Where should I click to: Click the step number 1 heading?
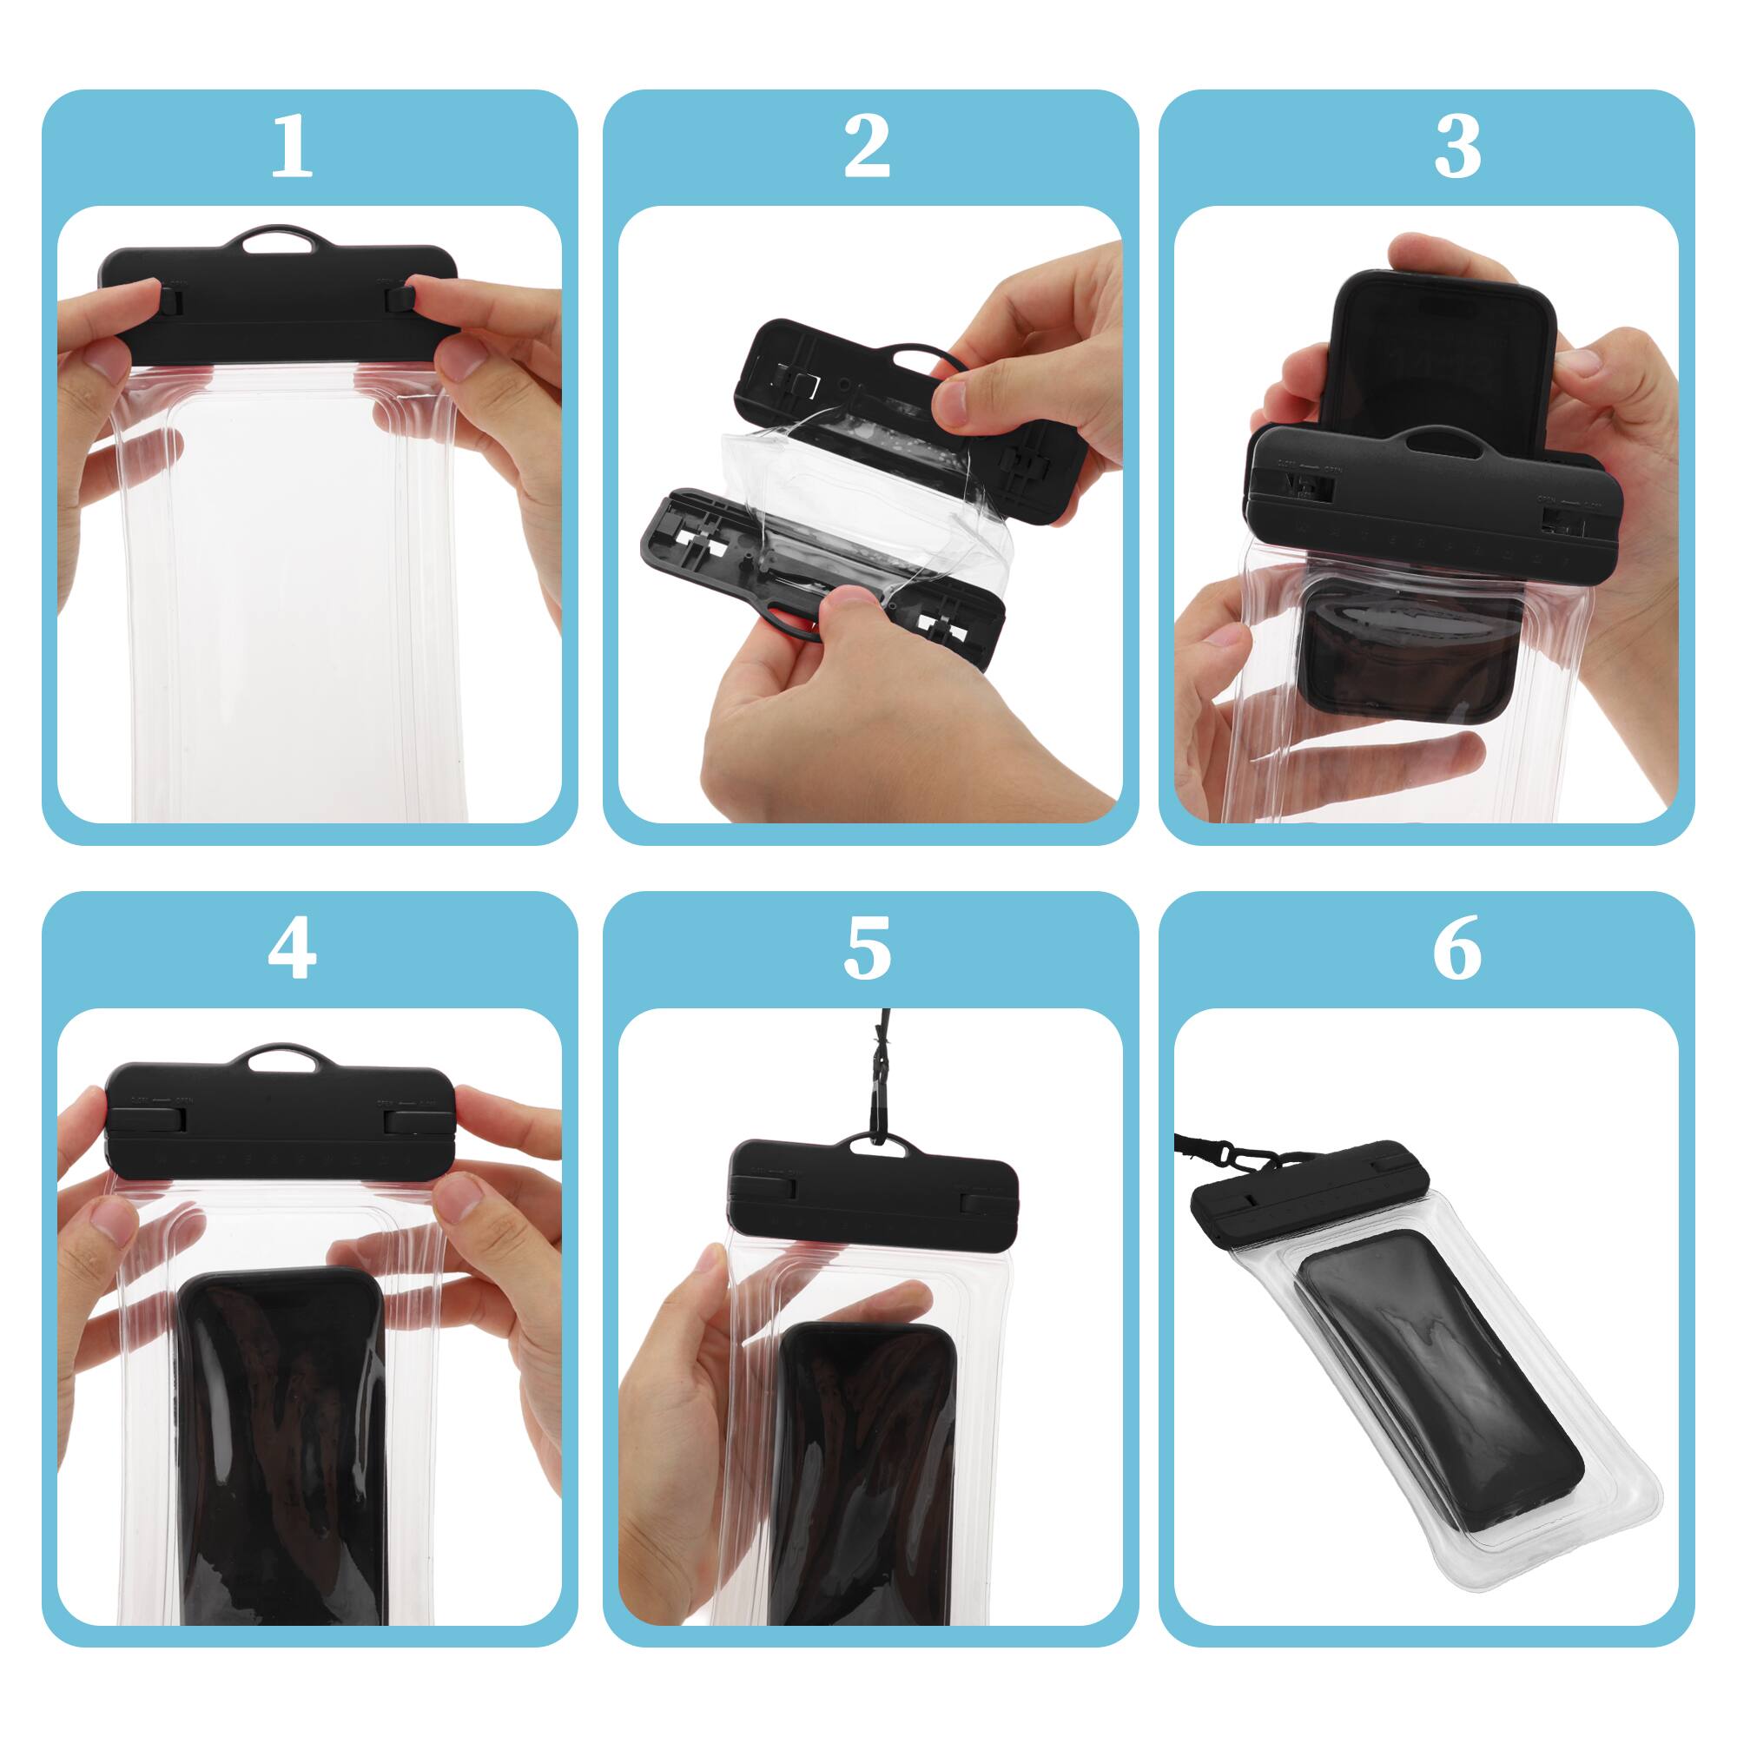coord(291,148)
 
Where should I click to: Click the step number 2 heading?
coord(868,148)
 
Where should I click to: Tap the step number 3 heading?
coord(1456,148)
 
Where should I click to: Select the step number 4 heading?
coord(291,949)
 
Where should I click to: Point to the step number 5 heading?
coord(868,949)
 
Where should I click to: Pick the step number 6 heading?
coord(1456,949)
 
